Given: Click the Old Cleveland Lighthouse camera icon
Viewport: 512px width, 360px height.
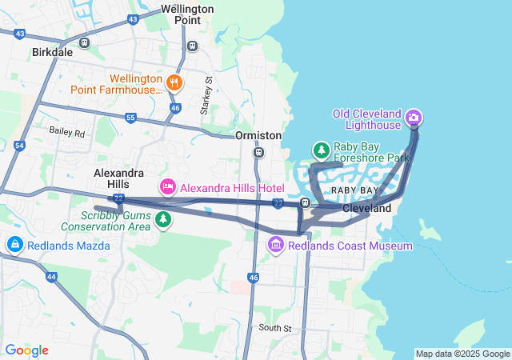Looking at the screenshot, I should point(414,118).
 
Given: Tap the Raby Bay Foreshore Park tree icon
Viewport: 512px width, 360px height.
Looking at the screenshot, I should point(321,150).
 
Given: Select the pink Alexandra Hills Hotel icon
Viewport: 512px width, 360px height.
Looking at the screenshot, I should point(167,187).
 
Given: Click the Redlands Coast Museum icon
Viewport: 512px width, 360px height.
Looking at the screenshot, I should point(276,243).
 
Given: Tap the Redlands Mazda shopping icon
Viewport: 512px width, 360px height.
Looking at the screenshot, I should point(14,244).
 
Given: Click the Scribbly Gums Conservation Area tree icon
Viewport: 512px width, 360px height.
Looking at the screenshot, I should point(163,218).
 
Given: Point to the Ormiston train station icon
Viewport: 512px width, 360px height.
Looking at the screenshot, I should point(258,152).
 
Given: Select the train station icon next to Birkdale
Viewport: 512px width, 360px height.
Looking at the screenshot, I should point(85,42).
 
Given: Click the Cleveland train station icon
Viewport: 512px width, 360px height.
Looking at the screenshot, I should point(306,203).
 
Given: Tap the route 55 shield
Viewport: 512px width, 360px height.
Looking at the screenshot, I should point(130,118).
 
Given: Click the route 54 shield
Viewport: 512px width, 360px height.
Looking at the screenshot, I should point(19,146).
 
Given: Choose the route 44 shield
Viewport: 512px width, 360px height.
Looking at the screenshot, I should point(51,276).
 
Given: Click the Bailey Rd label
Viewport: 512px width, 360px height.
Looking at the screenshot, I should point(66,131).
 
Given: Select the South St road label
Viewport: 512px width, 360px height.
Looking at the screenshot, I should point(275,328).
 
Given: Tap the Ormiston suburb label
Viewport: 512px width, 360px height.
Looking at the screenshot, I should point(258,136).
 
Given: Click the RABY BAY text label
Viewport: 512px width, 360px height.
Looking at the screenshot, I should point(354,190).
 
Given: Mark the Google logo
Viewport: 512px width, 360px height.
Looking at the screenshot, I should point(26,350).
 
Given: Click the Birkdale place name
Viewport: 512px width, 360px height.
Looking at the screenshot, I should point(52,52).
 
